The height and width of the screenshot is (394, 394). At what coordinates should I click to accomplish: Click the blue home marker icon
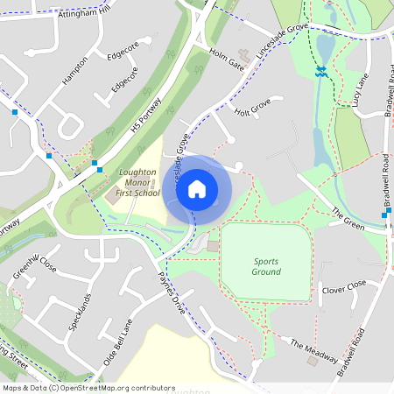tap(197, 188)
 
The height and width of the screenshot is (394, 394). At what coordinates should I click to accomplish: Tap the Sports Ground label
tap(267, 266)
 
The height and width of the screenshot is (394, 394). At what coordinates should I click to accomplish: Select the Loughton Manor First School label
tap(137, 183)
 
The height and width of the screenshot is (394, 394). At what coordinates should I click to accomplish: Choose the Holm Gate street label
tap(226, 58)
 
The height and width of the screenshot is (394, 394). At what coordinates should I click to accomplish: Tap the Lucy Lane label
tap(360, 91)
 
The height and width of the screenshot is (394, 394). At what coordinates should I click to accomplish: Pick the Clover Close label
tap(343, 287)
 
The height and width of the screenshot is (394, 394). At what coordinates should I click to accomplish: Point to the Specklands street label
tap(81, 311)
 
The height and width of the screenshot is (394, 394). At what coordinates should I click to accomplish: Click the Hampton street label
tap(75, 70)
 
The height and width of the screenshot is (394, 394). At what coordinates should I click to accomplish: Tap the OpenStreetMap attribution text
tap(88, 387)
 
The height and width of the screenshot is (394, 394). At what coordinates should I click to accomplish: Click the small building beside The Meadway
tap(313, 361)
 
